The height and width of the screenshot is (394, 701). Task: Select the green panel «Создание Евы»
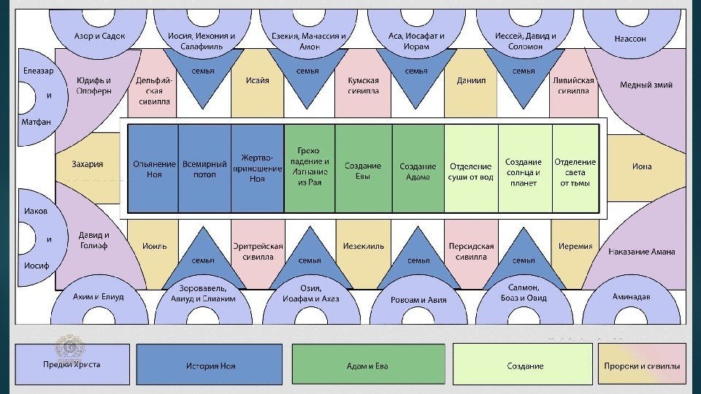tap(363, 169)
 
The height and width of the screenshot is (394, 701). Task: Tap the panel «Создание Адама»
tap(418, 169)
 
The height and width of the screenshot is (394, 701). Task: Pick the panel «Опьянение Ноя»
tap(153, 169)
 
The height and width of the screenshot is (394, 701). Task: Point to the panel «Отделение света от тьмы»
tap(575, 169)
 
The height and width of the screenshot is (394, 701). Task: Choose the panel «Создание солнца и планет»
tap(524, 169)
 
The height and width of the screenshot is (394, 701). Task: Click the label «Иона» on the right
tap(642, 167)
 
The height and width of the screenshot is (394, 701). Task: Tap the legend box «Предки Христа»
tap(72, 364)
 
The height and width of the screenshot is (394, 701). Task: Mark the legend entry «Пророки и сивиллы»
tap(642, 365)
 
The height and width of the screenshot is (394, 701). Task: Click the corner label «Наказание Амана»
tap(641, 252)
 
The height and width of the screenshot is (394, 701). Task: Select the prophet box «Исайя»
tap(258, 81)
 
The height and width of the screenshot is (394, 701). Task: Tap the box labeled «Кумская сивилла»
tap(363, 86)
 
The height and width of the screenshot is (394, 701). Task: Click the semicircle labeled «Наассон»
tap(630, 39)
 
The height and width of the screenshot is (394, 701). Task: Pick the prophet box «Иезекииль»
tap(363, 247)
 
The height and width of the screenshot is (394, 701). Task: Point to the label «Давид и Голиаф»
tap(94, 240)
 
